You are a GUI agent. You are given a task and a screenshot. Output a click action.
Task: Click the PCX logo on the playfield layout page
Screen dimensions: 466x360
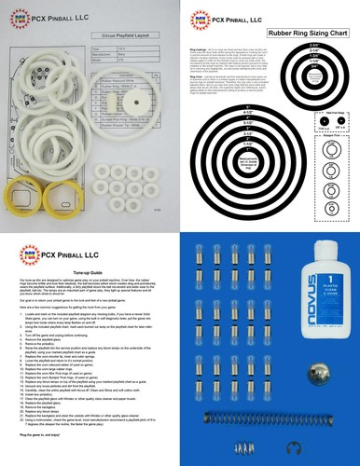19,16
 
